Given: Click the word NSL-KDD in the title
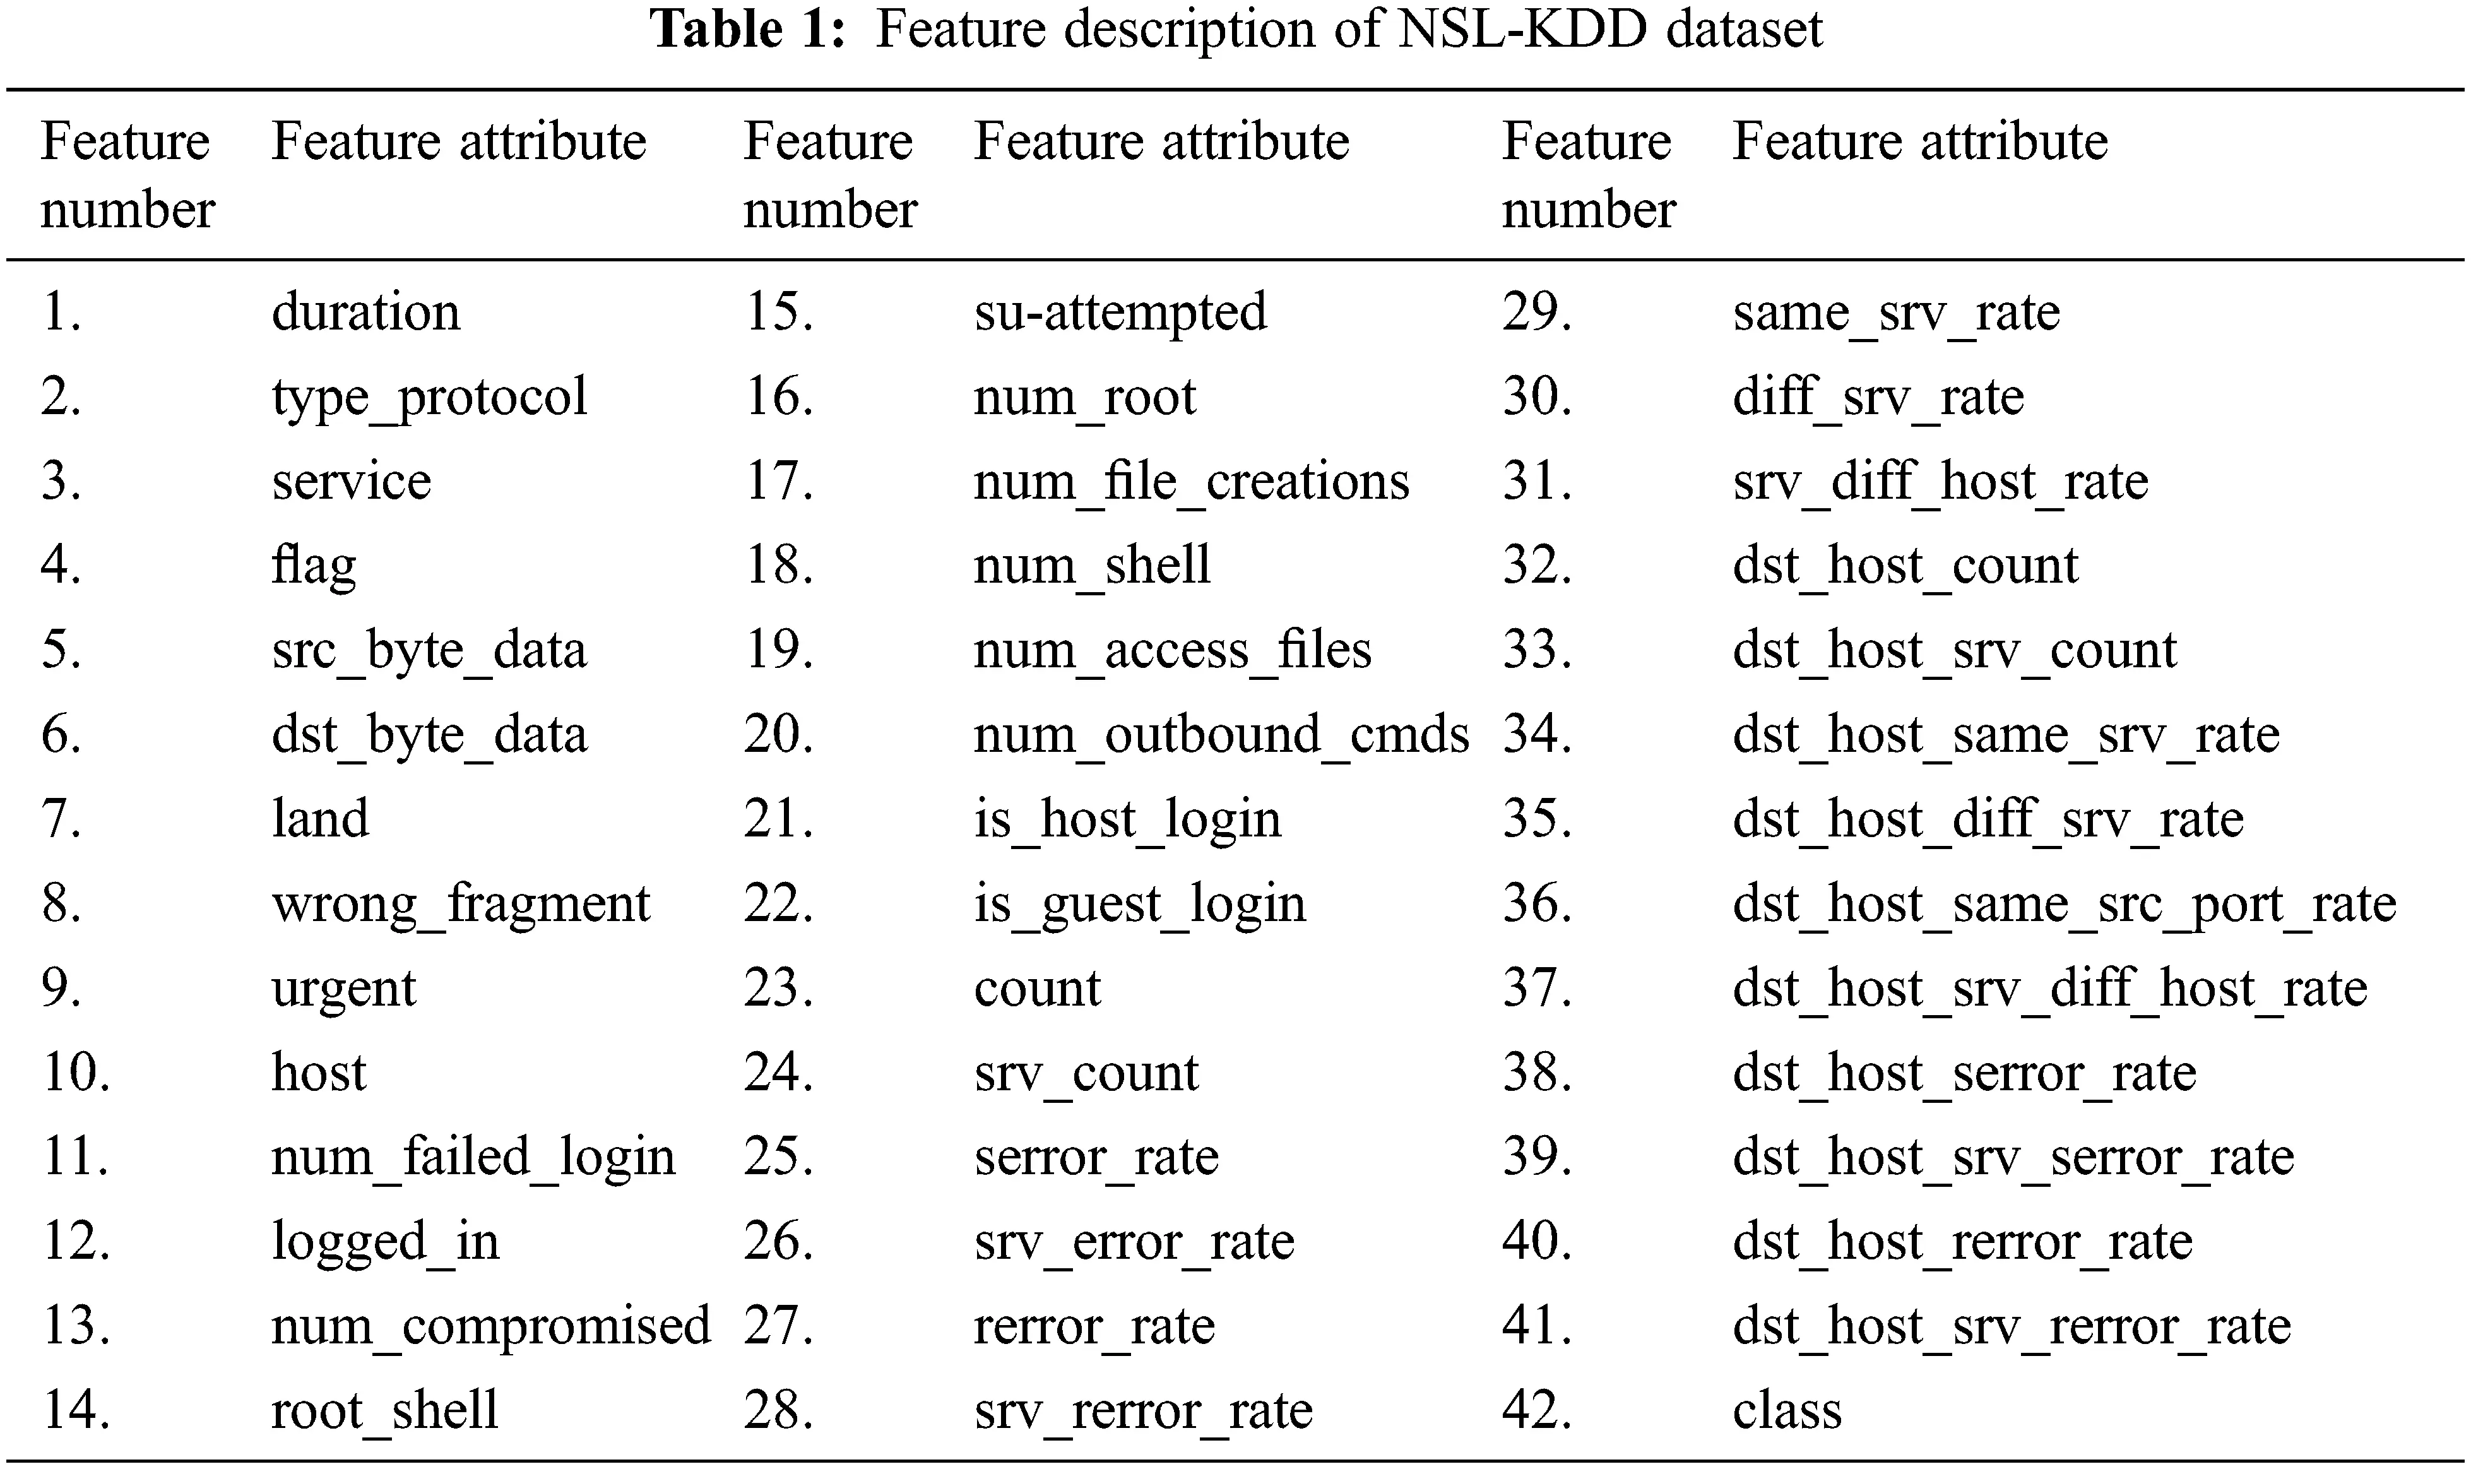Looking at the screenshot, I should click(x=1521, y=28).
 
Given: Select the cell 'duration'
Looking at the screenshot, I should click(x=365, y=313).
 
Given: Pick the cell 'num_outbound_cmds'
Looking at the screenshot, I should click(x=1221, y=735).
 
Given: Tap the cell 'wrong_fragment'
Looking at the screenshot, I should click(x=460, y=905).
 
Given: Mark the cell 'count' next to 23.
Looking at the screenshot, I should click(x=1036, y=989).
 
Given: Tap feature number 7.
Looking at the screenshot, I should click(x=61, y=819).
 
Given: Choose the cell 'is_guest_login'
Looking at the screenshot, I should click(x=1139, y=905).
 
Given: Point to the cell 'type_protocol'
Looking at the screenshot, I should click(x=429, y=398).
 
